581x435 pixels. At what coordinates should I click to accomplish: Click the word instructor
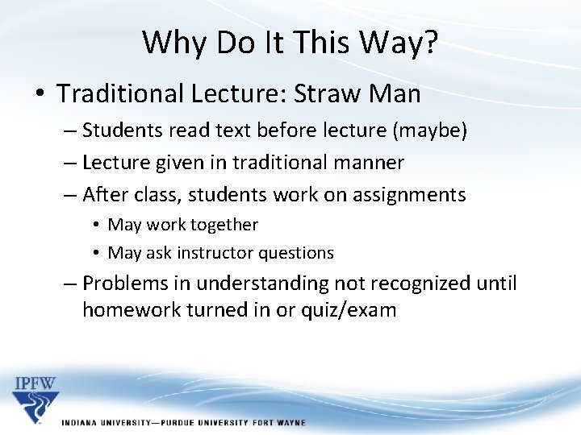coord(216,253)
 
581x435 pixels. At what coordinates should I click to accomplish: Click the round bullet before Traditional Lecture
coord(40,94)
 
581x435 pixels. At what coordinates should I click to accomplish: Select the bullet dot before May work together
coord(96,226)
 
